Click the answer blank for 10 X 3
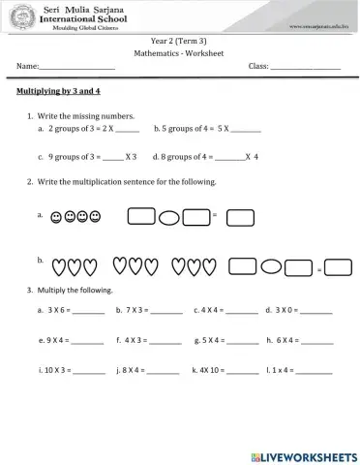[x=89, y=372]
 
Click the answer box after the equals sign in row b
[x=339, y=266]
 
